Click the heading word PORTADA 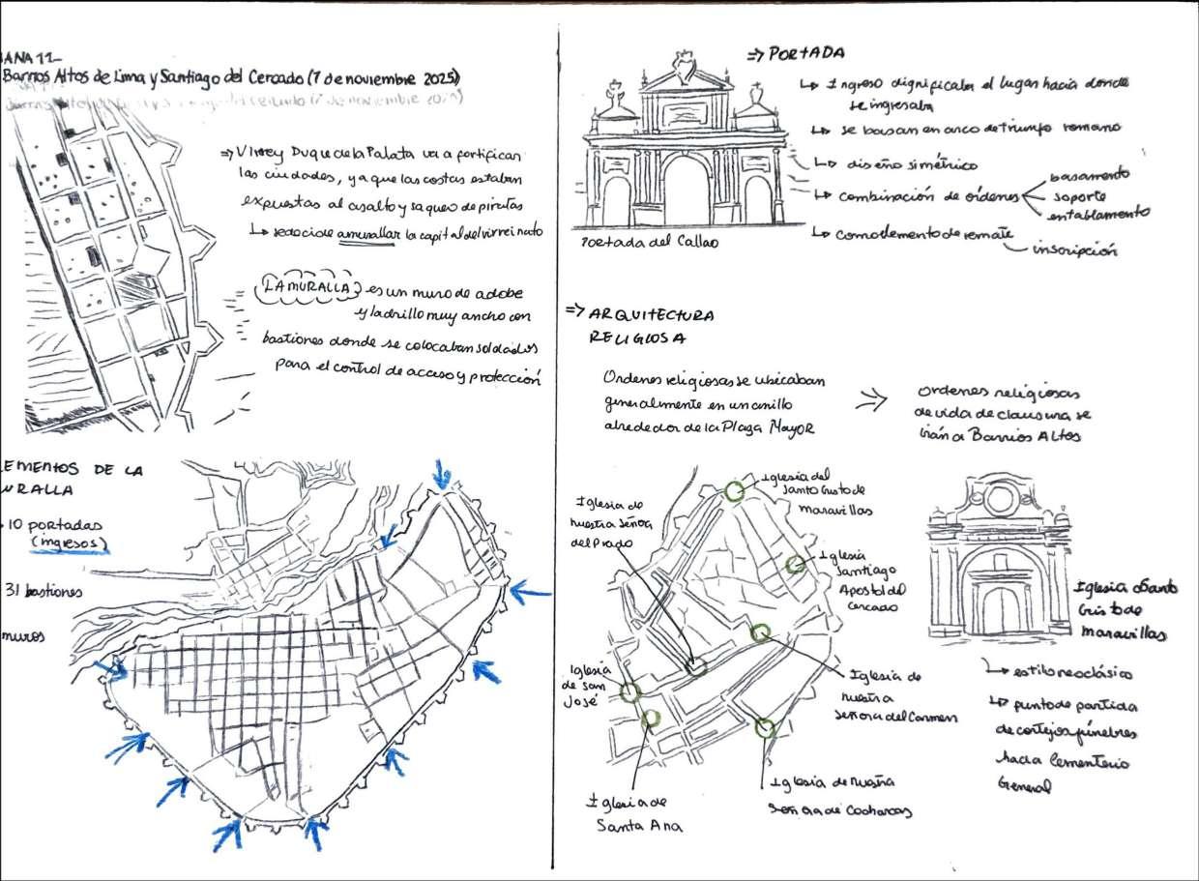pos(809,53)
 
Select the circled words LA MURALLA pos(305,287)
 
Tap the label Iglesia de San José pos(585,682)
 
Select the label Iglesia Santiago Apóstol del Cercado pos(859,581)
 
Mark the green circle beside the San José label pos(631,692)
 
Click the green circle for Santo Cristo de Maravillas pos(734,491)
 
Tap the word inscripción pos(1074,250)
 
